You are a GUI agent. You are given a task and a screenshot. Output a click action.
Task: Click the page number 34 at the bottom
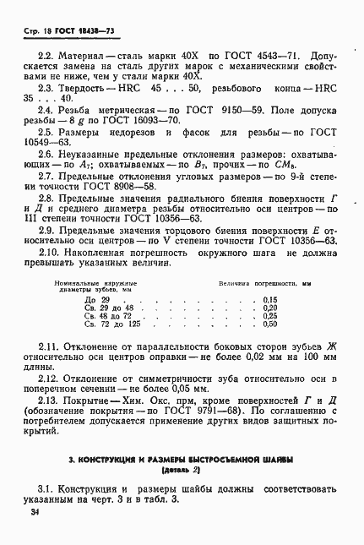point(34,512)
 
